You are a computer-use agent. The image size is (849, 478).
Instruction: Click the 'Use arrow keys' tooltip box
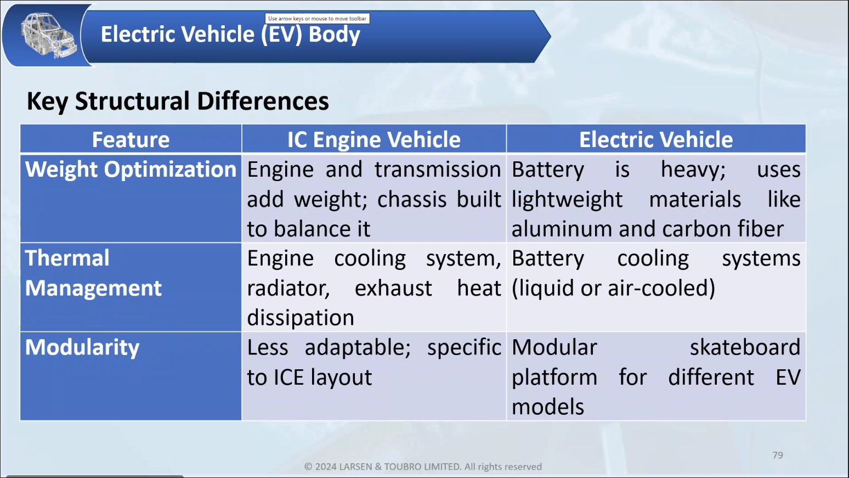(x=317, y=18)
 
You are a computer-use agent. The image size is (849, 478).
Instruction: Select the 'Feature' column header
(x=131, y=139)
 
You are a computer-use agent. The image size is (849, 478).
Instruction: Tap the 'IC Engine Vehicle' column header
(x=373, y=139)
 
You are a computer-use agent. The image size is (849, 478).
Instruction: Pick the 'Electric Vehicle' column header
(x=656, y=139)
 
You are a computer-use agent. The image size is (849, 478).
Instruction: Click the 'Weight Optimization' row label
(x=131, y=169)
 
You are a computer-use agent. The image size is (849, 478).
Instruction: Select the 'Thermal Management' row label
(x=93, y=273)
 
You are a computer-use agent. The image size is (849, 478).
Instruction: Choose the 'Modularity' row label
(x=82, y=347)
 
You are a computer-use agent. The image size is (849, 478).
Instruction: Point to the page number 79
(x=778, y=455)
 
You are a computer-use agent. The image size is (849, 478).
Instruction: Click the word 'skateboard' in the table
(x=745, y=347)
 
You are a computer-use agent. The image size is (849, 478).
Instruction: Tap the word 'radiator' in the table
(x=288, y=288)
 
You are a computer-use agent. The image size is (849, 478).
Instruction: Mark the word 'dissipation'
(x=301, y=318)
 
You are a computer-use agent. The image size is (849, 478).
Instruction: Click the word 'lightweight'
(x=567, y=200)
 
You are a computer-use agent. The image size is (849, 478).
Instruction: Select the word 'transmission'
(x=438, y=170)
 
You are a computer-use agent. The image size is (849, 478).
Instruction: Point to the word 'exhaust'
(x=393, y=288)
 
